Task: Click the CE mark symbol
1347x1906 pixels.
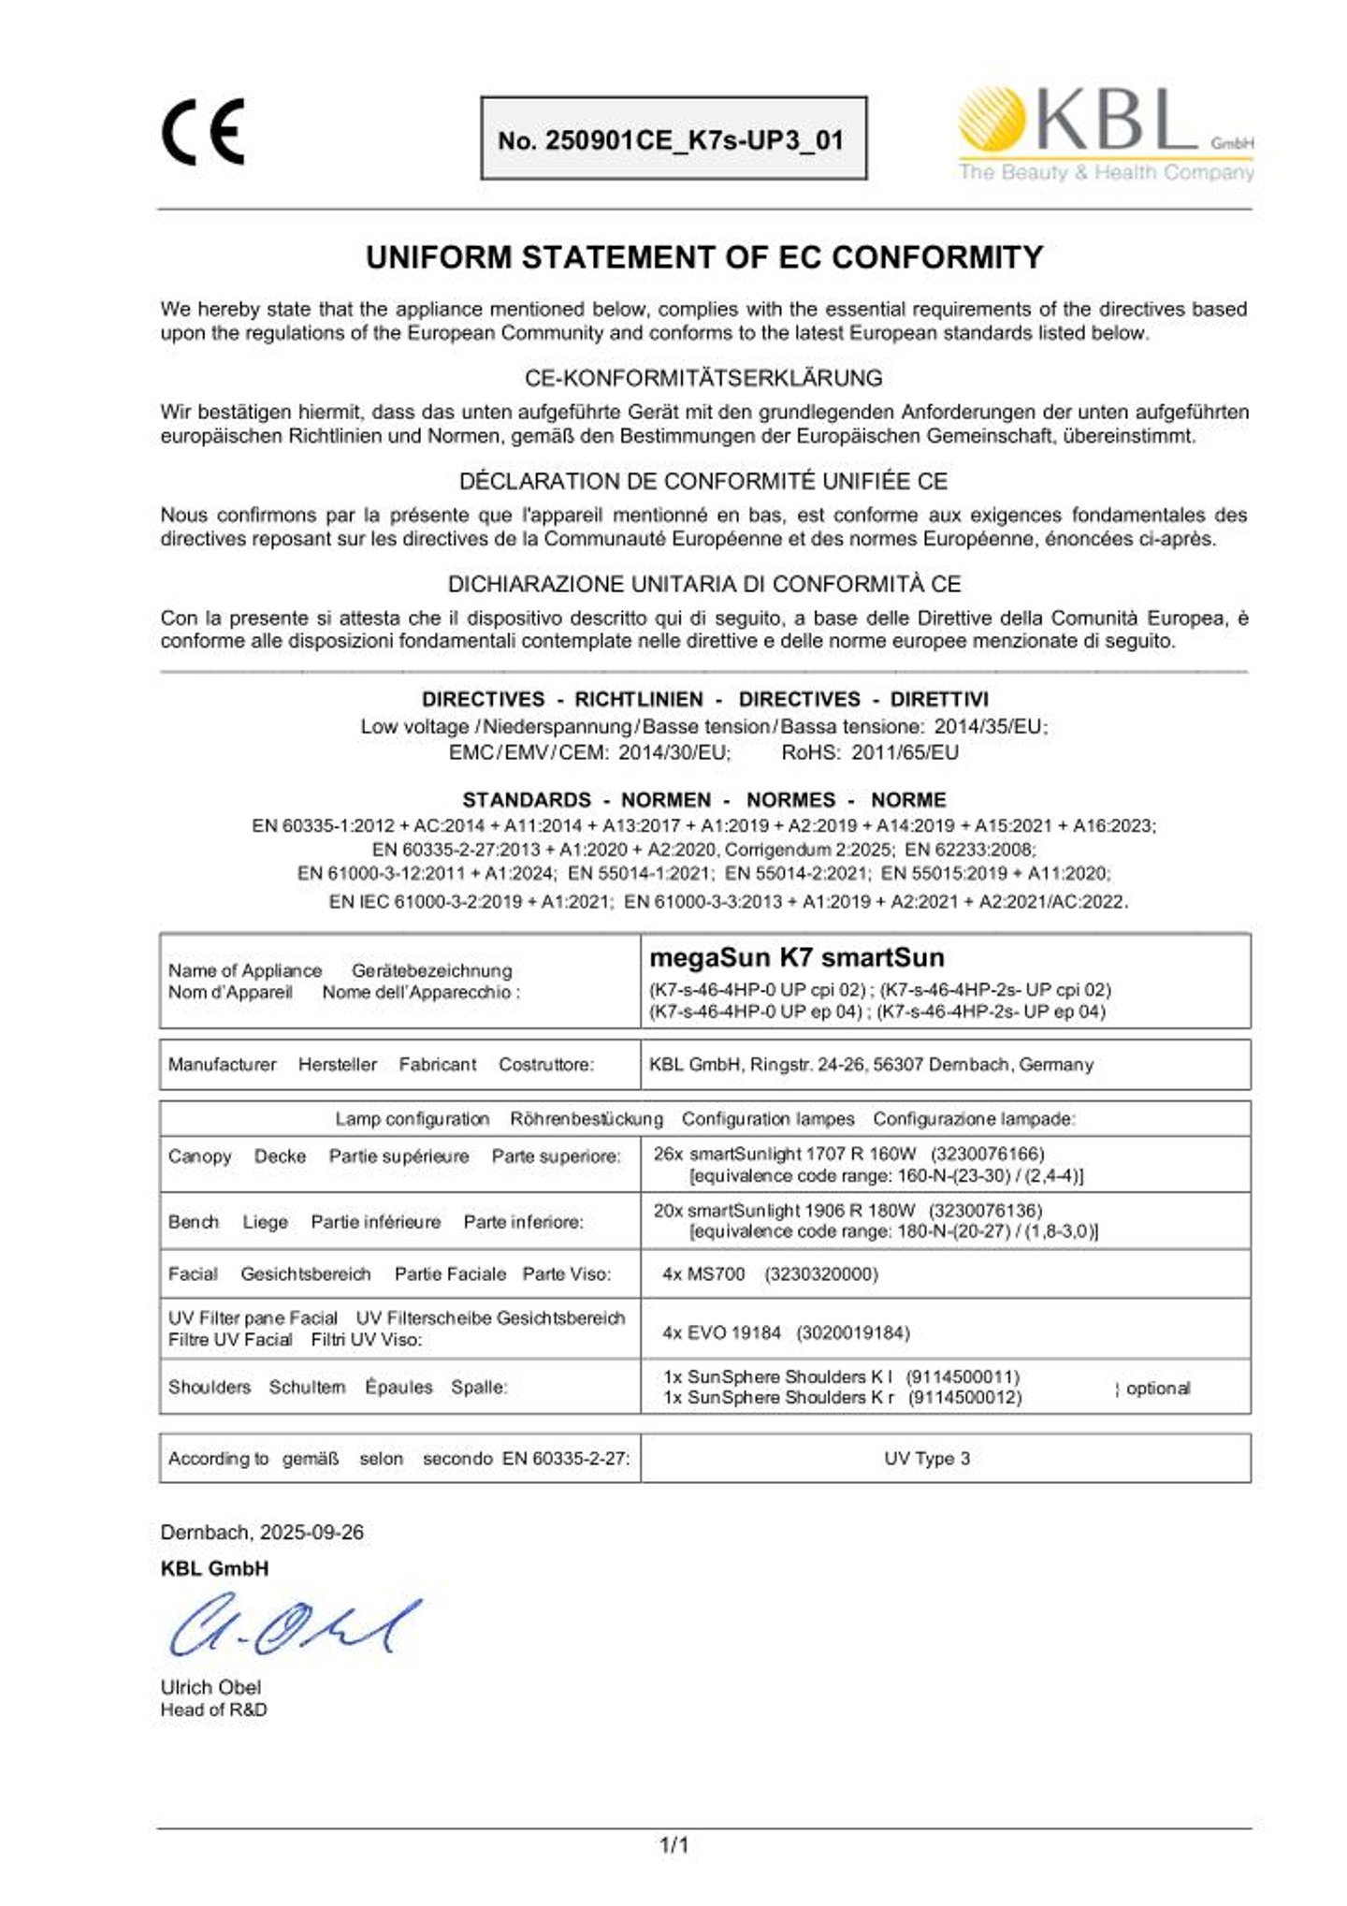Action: click(x=203, y=132)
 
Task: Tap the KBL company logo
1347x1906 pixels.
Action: click(x=1105, y=134)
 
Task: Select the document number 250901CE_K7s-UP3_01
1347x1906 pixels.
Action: click(x=672, y=140)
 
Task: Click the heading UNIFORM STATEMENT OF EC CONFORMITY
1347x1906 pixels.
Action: click(x=703, y=257)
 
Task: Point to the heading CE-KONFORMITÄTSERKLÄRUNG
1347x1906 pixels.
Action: click(x=703, y=378)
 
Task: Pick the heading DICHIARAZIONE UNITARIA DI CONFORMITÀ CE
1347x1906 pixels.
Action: click(x=703, y=584)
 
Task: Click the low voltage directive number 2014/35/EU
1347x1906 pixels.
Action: click(x=991, y=726)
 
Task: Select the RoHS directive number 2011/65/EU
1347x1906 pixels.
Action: click(x=905, y=752)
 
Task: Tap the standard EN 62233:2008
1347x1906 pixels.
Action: click(x=970, y=850)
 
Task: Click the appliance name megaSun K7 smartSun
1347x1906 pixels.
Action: click(x=796, y=957)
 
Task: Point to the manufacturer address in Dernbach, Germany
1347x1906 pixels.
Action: click(x=870, y=1064)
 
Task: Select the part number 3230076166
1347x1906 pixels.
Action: click(x=987, y=1154)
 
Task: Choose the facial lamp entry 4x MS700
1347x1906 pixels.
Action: click(x=703, y=1273)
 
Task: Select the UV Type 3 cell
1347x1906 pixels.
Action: click(x=926, y=1458)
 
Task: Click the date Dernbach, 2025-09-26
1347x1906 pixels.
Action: click(x=262, y=1532)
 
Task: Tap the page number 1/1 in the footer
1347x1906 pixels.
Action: click(x=674, y=1845)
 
